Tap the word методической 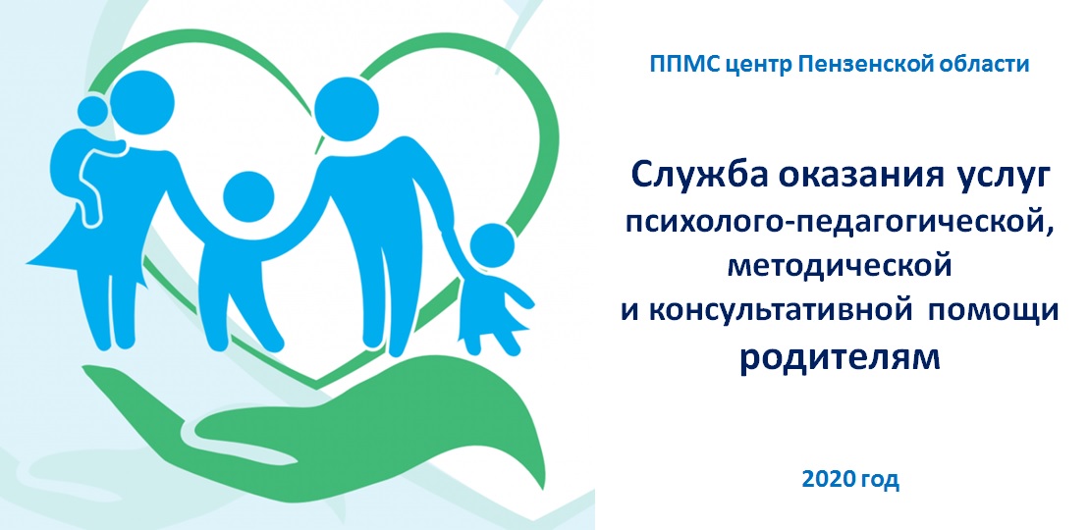pyautogui.click(x=839, y=267)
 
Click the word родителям pyautogui.click(x=839, y=358)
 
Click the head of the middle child pyautogui.click(x=247, y=196)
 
